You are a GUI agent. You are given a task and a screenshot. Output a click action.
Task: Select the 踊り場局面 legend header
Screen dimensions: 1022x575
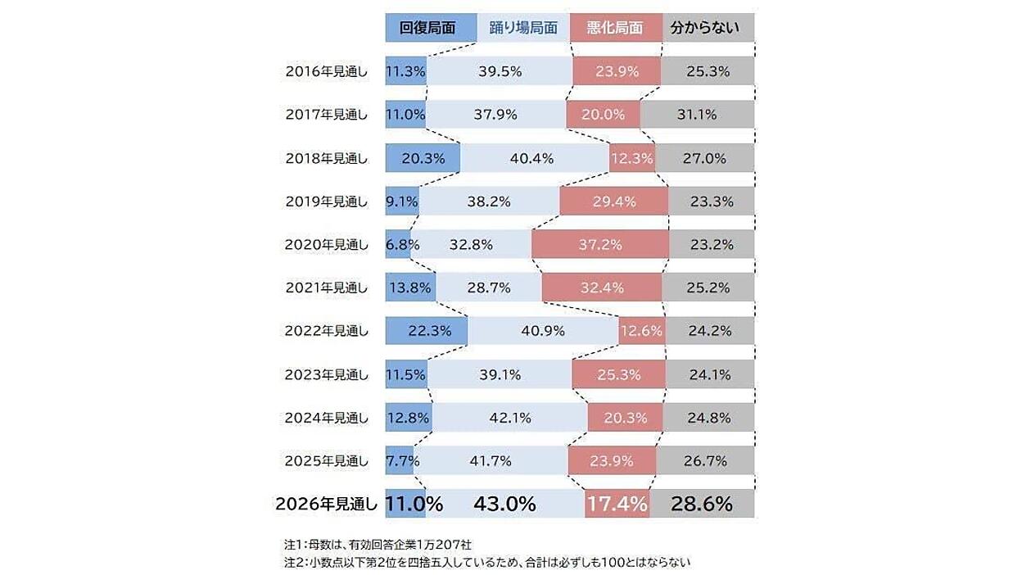tap(523, 27)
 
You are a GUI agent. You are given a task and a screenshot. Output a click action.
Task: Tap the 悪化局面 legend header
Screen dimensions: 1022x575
tap(616, 27)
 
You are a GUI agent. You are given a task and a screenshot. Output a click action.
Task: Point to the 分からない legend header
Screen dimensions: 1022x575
tap(708, 27)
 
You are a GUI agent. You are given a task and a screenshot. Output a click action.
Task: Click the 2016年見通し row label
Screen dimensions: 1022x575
tap(326, 71)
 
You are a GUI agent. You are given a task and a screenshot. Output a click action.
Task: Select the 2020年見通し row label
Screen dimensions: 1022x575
tap(326, 245)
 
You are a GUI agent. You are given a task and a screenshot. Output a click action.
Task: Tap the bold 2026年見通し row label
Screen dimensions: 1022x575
tap(326, 504)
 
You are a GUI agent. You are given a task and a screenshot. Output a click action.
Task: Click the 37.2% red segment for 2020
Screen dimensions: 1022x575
tap(600, 244)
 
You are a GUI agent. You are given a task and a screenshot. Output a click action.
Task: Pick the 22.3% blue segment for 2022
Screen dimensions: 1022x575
tap(427, 330)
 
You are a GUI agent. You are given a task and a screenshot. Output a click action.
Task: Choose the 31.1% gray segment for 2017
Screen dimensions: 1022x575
tap(697, 114)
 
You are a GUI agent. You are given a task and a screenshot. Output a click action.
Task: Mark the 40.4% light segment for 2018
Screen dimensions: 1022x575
tap(535, 158)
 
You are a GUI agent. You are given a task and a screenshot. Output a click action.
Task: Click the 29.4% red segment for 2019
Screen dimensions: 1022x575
tap(614, 201)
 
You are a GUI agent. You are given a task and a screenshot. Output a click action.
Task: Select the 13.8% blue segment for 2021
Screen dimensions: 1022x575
tap(410, 287)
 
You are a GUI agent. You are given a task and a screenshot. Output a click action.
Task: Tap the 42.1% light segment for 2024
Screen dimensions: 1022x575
tap(510, 417)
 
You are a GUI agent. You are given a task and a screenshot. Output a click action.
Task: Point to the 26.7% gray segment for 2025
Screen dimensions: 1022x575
tap(705, 460)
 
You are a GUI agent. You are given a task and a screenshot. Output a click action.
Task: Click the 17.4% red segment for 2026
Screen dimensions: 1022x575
tap(617, 504)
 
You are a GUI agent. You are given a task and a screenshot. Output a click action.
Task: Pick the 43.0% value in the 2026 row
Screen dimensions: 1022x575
tap(504, 504)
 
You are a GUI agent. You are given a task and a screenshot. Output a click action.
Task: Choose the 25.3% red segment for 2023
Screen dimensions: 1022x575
tap(618, 374)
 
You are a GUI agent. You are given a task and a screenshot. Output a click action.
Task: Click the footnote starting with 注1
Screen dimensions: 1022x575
tap(378, 545)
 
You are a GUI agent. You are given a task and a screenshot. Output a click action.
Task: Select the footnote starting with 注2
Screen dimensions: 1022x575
tap(487, 562)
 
